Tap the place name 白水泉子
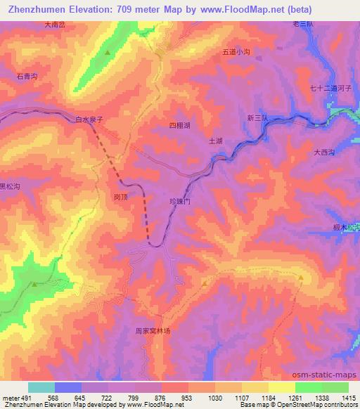pos(89,120)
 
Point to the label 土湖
pos(216,141)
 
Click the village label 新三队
pos(257,117)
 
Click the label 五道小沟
pos(236,51)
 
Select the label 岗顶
pos(120,198)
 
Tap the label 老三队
pos(302,24)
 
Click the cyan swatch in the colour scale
pos(41,387)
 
